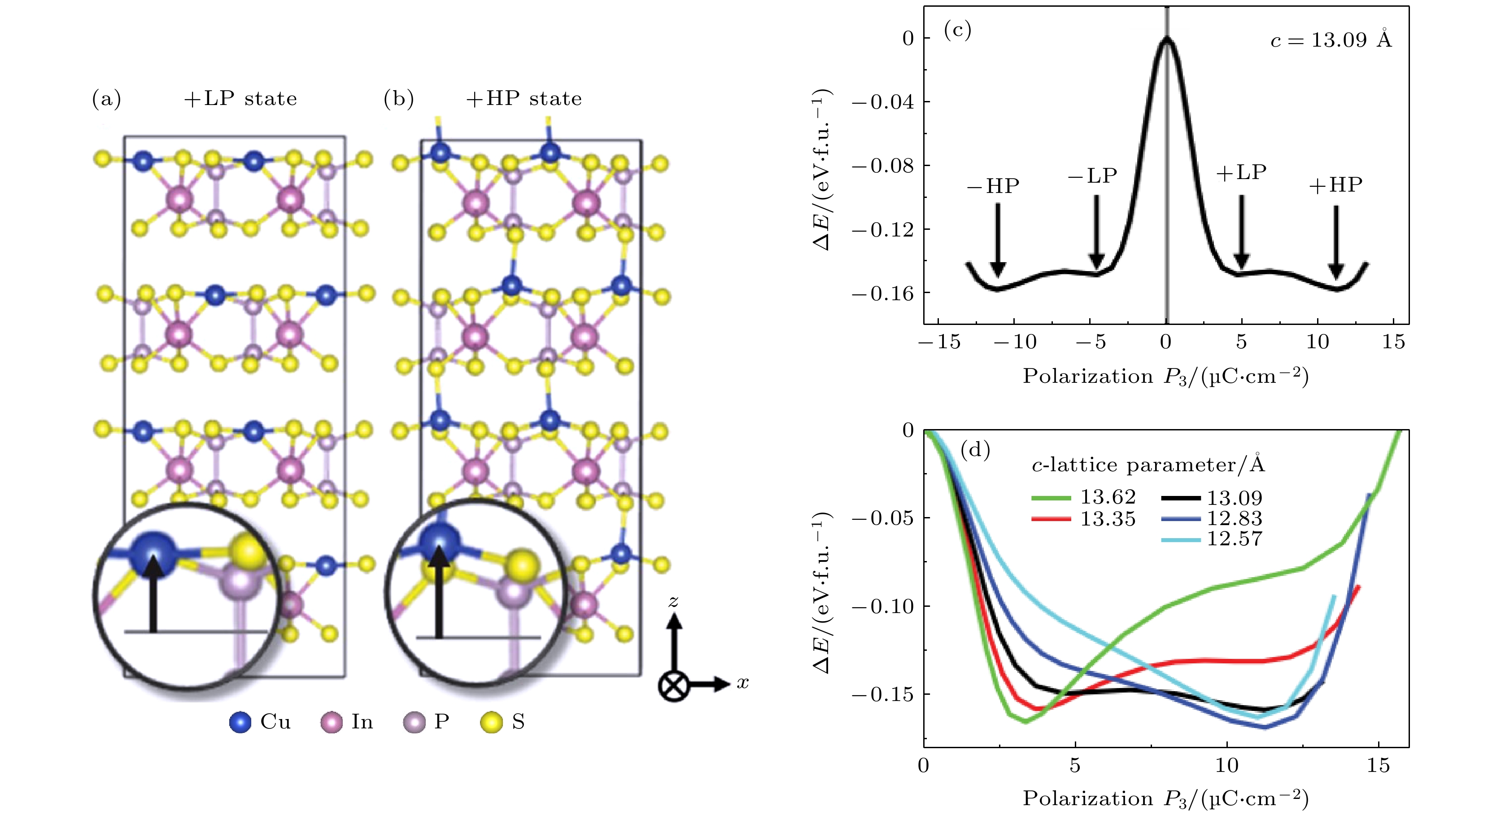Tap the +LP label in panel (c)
(x=1241, y=172)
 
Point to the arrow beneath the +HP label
(x=1336, y=242)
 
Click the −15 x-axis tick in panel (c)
(x=939, y=342)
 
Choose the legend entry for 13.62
(x=1084, y=497)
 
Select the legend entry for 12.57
(x=1212, y=539)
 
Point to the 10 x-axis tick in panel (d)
(x=1226, y=765)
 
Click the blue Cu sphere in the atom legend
(x=240, y=723)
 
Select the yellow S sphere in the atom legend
(x=491, y=723)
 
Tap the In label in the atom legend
(x=362, y=722)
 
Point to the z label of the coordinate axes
(x=674, y=601)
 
